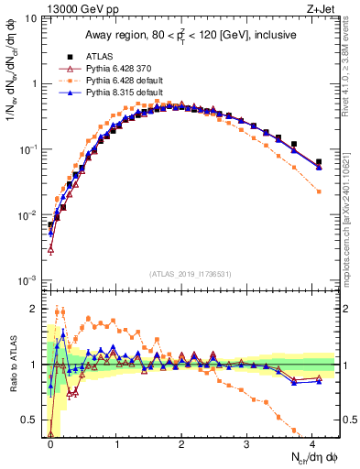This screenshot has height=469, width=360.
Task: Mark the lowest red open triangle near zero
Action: point(51,249)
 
